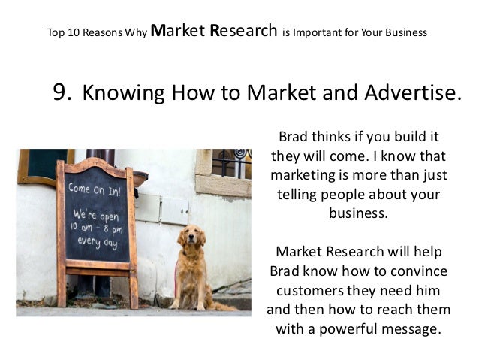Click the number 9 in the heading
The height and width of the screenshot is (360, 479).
click(x=62, y=92)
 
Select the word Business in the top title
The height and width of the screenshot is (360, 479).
click(x=405, y=33)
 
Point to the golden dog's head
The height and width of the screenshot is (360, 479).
click(x=191, y=238)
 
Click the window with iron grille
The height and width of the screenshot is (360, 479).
click(x=230, y=163)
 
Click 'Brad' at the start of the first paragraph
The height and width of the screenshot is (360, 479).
click(x=294, y=138)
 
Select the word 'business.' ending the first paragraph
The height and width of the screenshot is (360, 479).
click(x=358, y=213)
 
